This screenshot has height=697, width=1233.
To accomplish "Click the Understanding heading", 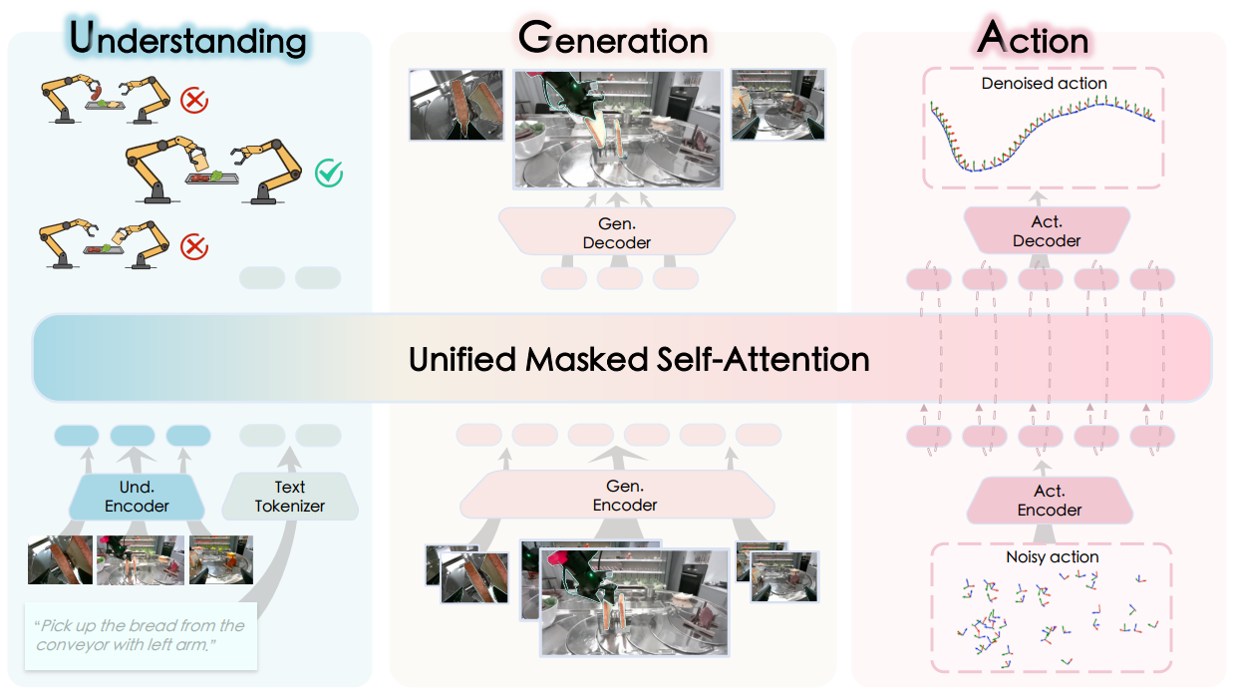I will [187, 40].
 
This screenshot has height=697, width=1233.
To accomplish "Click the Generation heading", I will [613, 39].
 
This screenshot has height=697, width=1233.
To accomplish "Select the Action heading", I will [1035, 39].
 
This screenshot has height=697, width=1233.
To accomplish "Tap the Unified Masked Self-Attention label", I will [639, 359].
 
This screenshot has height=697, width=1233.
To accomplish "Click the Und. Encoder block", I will [138, 496].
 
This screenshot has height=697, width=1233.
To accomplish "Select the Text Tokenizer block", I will [289, 496].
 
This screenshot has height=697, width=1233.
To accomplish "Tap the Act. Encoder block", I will [1049, 501].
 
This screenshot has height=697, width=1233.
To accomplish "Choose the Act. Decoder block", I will [1047, 231].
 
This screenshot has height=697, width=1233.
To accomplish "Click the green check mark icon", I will [328, 174].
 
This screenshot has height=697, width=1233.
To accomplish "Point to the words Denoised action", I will [1044, 84].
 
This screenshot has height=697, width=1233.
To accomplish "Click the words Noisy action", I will [1053, 556].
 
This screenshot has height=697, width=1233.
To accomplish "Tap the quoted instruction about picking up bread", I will [141, 635].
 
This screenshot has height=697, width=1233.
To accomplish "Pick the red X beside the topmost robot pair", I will [193, 100].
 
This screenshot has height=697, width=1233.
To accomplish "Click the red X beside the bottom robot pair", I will [193, 244].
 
